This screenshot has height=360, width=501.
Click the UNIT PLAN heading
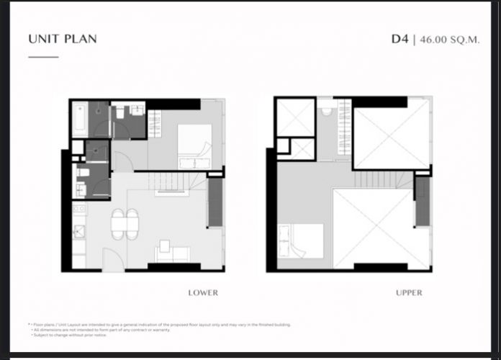click(63, 39)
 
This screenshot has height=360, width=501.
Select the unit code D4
click(400, 39)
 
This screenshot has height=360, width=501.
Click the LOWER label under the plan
click(202, 293)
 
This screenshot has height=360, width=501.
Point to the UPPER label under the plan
click(408, 293)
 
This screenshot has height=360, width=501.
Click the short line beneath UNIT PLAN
click(43, 56)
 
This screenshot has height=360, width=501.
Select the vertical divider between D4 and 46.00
click(414, 39)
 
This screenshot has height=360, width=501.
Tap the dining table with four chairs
click(124, 223)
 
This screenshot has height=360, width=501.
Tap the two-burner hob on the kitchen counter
click(79, 210)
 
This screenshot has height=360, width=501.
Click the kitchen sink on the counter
click(79, 234)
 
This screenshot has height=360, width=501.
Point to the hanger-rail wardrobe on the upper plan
click(345, 130)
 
